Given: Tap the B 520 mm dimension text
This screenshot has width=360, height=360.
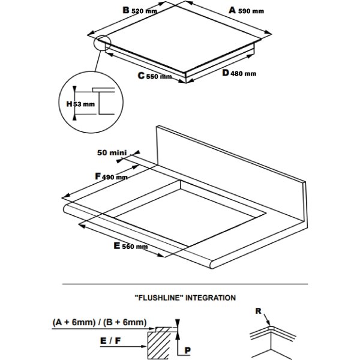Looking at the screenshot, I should pos(140,10).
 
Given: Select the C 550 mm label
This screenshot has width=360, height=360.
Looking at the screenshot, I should pos(155,76).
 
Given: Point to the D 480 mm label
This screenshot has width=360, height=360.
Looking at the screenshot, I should pos(238,73).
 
